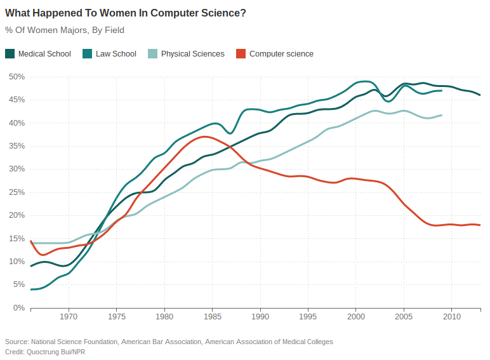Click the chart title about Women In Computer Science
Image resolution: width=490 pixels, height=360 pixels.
coord(126,13)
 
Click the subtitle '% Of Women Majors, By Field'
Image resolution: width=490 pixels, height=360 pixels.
coord(64,30)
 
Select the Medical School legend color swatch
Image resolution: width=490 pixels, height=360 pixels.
coord(10,54)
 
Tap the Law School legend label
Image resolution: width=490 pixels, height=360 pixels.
coord(116,54)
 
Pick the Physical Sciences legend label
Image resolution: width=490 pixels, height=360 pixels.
coord(192,54)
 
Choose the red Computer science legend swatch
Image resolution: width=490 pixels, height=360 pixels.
coord(240,54)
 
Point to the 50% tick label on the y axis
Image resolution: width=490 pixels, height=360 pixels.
coord(16,77)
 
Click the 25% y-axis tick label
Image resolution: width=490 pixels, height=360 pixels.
coord(16,192)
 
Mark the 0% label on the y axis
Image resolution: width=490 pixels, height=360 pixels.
coord(18,308)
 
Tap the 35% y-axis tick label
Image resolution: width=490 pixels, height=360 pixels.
coord(16,146)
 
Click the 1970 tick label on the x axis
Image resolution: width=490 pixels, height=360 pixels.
coord(69,316)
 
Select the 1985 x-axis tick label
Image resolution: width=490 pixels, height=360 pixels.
coord(212,316)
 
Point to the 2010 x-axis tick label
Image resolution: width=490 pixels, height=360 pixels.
coord(451,316)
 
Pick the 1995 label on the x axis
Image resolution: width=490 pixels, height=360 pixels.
coord(308,316)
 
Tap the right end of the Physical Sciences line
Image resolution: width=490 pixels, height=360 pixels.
coord(441,115)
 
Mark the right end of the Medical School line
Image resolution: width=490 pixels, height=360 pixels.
coord(480,95)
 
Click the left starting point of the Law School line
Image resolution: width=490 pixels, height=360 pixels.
coord(31,290)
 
